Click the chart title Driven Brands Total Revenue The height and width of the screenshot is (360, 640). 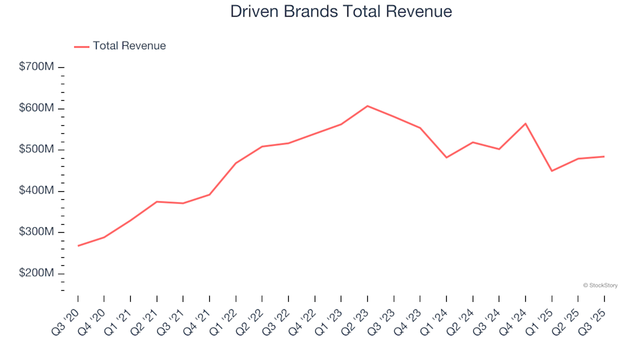[341, 11]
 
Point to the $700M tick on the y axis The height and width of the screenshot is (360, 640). [37, 67]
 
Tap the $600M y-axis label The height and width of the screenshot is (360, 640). [37, 109]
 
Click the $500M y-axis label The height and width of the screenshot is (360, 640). [37, 150]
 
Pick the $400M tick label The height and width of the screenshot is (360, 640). [37, 191]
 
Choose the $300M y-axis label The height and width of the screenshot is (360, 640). [37, 233]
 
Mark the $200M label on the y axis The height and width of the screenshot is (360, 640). [37, 274]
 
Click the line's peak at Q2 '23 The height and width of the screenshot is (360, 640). [367, 106]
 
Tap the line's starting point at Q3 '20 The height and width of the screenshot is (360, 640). [78, 246]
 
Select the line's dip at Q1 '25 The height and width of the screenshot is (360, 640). [552, 171]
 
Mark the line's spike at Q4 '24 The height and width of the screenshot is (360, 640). [525, 123]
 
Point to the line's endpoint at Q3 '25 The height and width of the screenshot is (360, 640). [604, 157]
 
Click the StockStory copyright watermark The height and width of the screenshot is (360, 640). [600, 285]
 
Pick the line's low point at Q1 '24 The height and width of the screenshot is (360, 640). [447, 157]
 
